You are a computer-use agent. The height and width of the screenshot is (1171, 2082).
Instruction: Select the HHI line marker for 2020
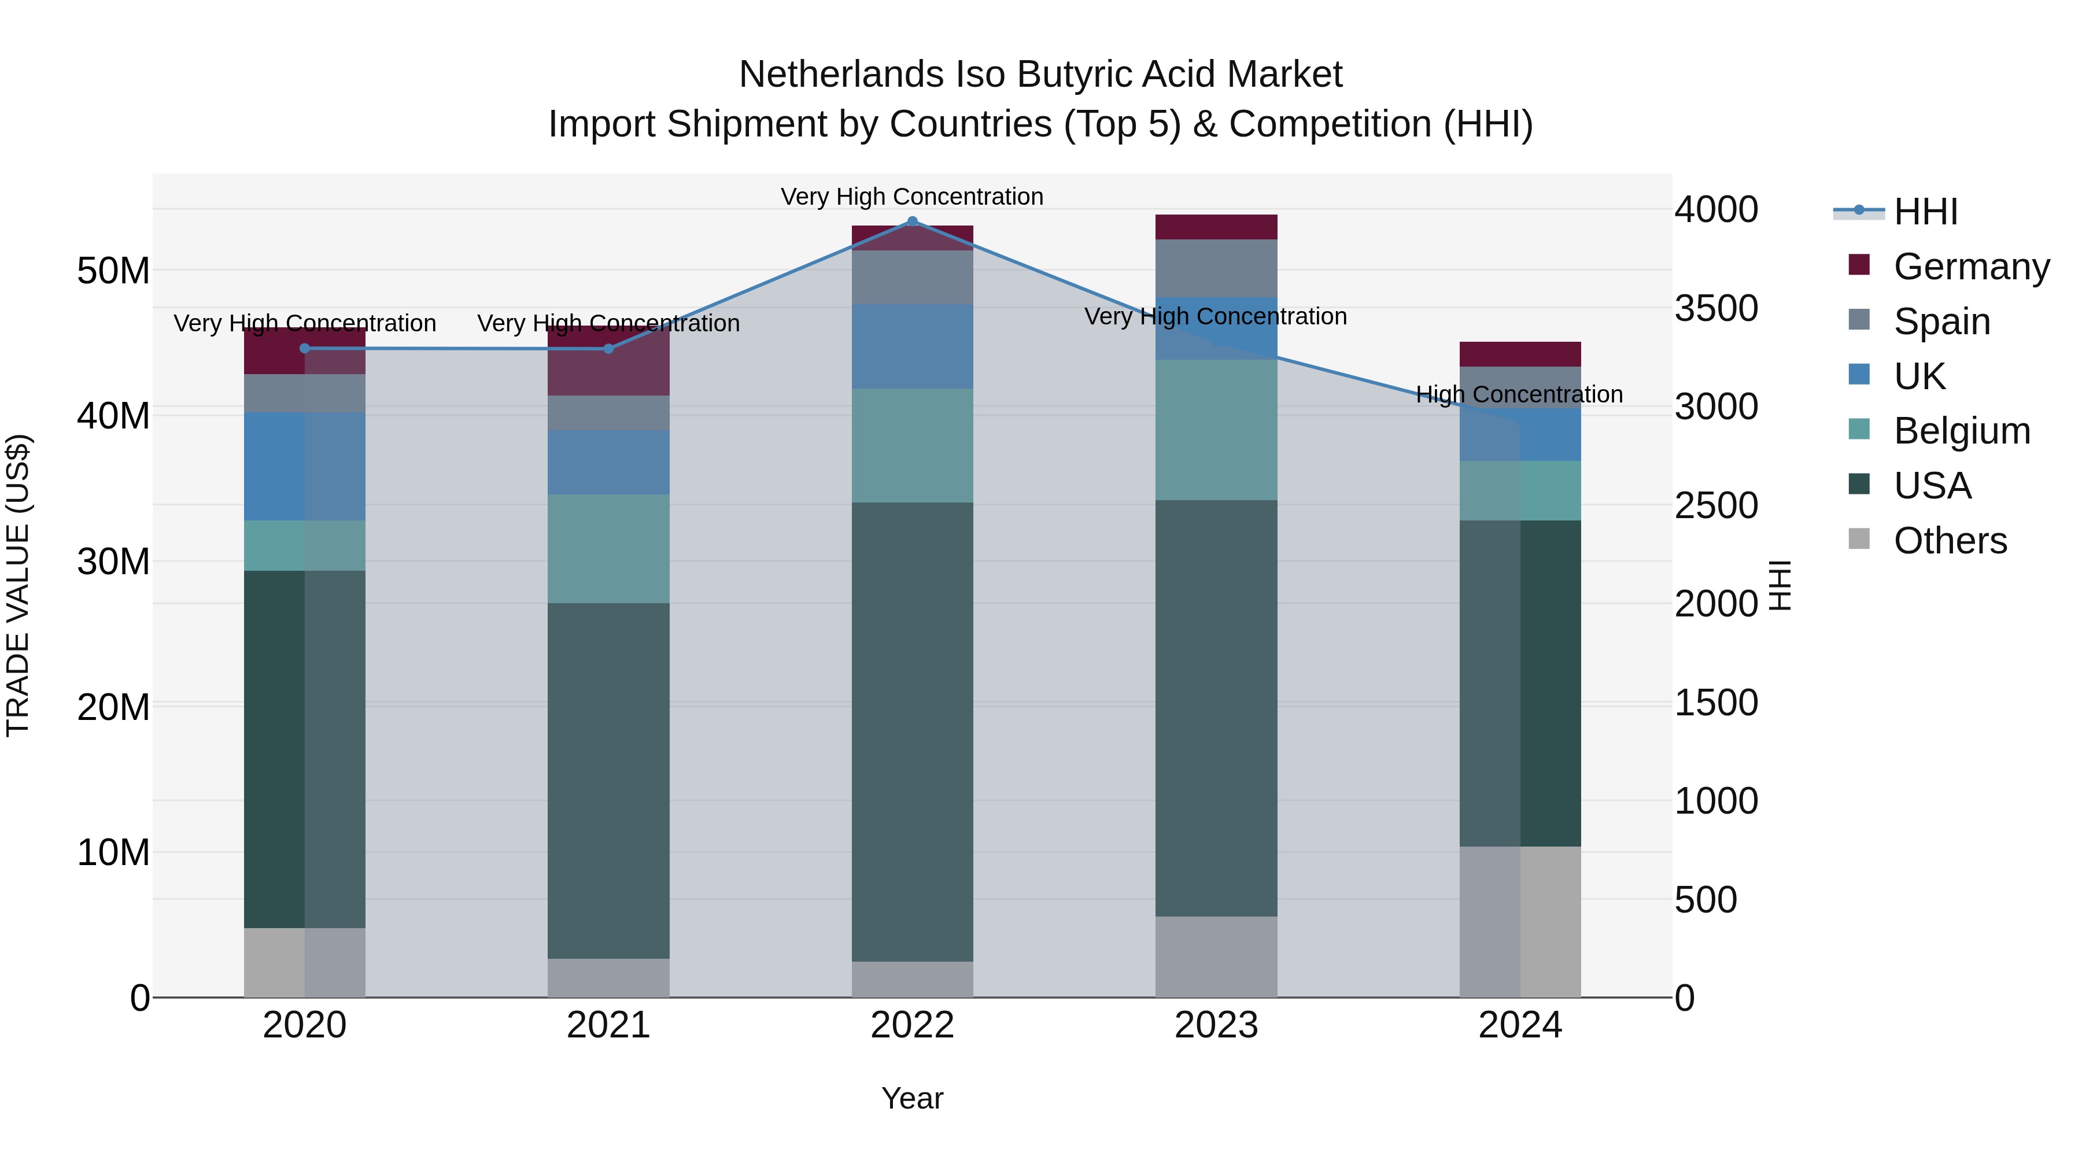(x=305, y=348)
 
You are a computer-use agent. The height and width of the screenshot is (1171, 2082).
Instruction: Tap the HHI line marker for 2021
(x=608, y=348)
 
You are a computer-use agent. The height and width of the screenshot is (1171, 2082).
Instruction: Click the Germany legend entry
(x=1970, y=267)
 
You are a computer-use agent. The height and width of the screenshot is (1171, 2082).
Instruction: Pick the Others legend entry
(x=1950, y=541)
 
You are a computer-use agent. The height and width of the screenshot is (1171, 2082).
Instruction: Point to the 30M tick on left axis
(x=113, y=561)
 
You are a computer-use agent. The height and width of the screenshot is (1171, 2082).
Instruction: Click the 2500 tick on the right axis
(x=1715, y=506)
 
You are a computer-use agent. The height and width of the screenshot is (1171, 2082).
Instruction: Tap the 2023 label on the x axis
(x=1216, y=1025)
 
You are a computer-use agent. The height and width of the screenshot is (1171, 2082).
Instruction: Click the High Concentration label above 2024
(x=1519, y=394)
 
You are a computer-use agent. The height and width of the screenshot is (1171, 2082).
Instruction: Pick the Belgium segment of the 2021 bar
(x=608, y=549)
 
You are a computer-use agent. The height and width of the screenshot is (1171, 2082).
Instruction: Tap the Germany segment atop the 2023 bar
(x=1216, y=227)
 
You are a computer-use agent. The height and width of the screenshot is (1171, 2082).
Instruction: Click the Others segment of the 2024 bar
(x=1519, y=921)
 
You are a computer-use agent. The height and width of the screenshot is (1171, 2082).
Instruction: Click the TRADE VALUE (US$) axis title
(x=18, y=585)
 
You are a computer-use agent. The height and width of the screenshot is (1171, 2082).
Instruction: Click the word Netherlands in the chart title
(x=840, y=75)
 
